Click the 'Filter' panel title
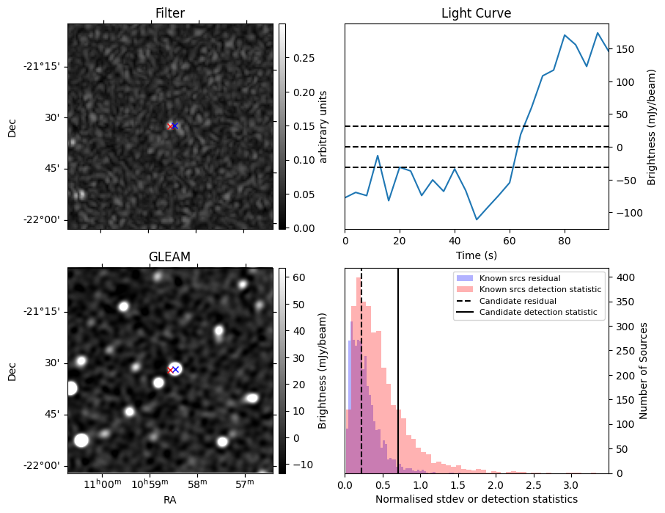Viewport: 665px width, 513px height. [x=170, y=13]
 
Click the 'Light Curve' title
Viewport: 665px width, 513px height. [x=476, y=13]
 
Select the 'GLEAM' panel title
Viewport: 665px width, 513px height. [x=170, y=257]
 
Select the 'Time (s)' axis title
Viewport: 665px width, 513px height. [x=476, y=254]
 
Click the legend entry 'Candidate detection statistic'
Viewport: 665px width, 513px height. [x=538, y=313]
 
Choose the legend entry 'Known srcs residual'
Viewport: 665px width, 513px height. [x=520, y=279]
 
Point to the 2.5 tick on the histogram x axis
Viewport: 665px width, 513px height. [x=533, y=485]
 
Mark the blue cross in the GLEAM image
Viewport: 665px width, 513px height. [x=175, y=369]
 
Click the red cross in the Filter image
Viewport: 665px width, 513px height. [x=170, y=126]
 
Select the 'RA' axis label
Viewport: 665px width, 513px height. [x=170, y=500]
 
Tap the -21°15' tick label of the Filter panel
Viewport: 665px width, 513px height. [x=44, y=66]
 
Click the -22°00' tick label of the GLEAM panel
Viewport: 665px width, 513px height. [x=44, y=465]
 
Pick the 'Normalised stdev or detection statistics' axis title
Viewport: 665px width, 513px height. [x=476, y=499]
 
